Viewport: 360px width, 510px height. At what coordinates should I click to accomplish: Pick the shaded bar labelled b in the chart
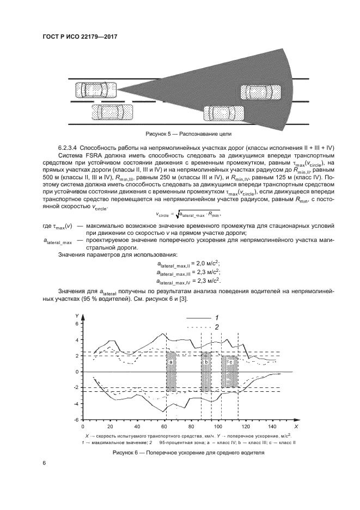206,371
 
